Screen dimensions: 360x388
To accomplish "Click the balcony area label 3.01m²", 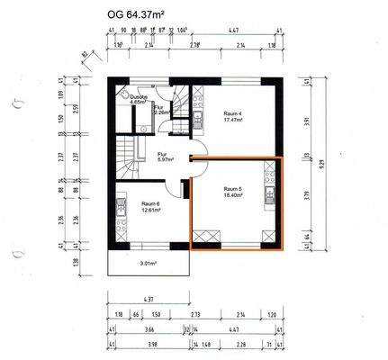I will [149, 265].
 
